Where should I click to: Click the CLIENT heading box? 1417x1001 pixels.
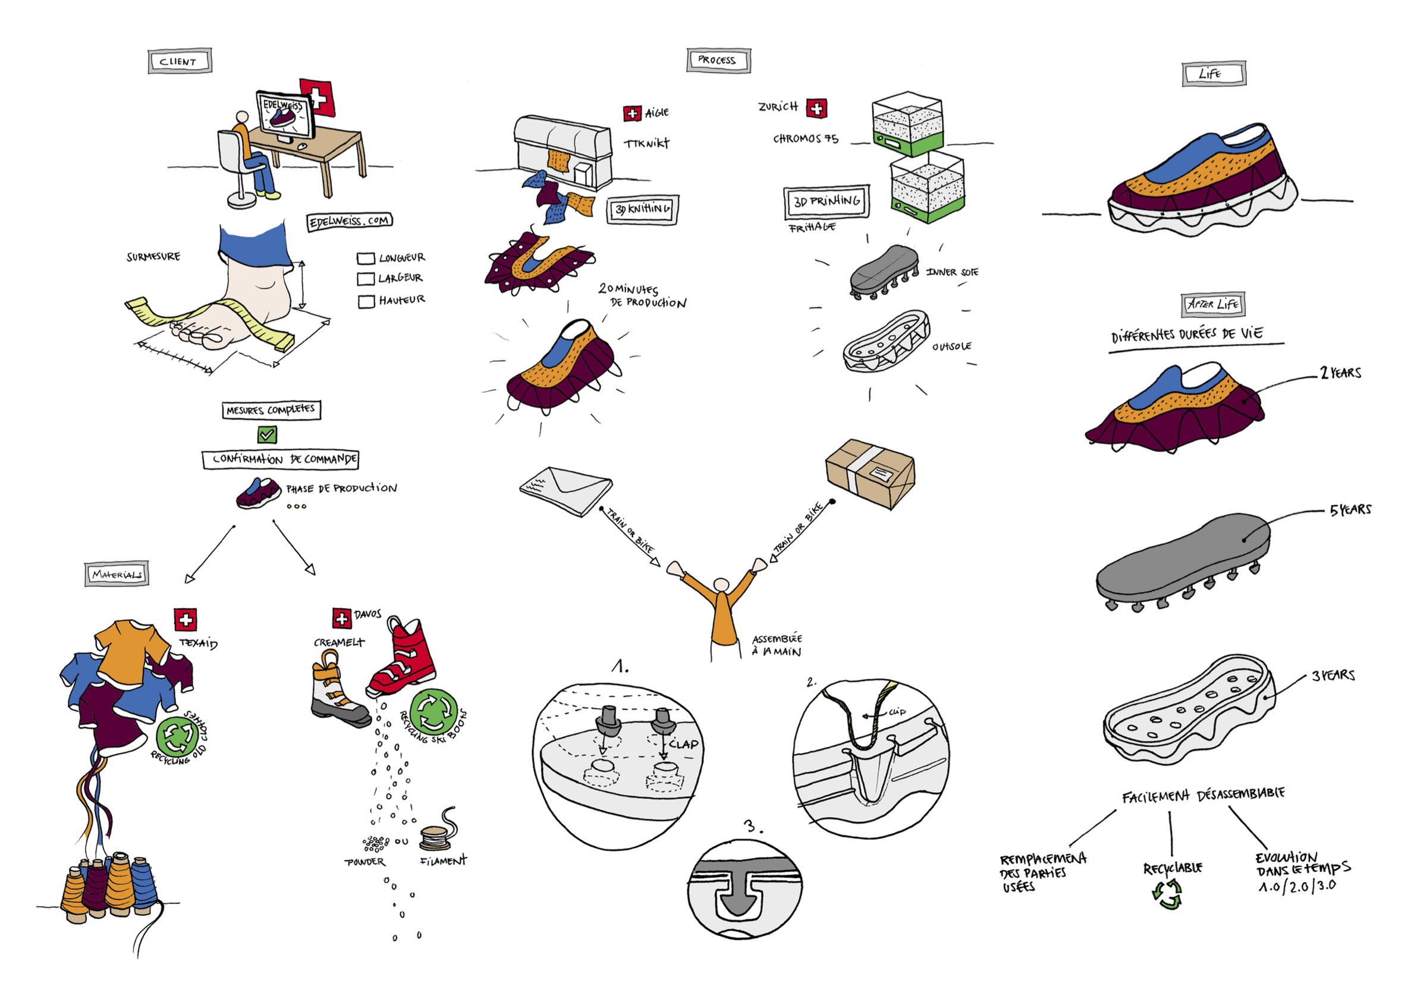(x=180, y=62)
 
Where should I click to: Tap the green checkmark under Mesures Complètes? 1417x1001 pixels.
(x=266, y=435)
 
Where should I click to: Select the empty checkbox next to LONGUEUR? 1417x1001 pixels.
(x=366, y=259)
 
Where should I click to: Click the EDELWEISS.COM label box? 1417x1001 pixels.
(x=349, y=221)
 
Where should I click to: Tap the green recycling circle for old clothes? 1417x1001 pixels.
(x=178, y=735)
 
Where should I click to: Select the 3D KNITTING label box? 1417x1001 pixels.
(x=642, y=209)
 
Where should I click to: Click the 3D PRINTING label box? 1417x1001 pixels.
(x=827, y=202)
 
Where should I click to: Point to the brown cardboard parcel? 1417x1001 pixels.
(x=869, y=473)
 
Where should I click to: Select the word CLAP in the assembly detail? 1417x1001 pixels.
(x=683, y=744)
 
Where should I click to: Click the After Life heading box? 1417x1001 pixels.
(x=1212, y=305)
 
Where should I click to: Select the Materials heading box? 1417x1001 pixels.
(x=117, y=575)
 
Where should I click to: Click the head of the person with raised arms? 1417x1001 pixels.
(x=720, y=585)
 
